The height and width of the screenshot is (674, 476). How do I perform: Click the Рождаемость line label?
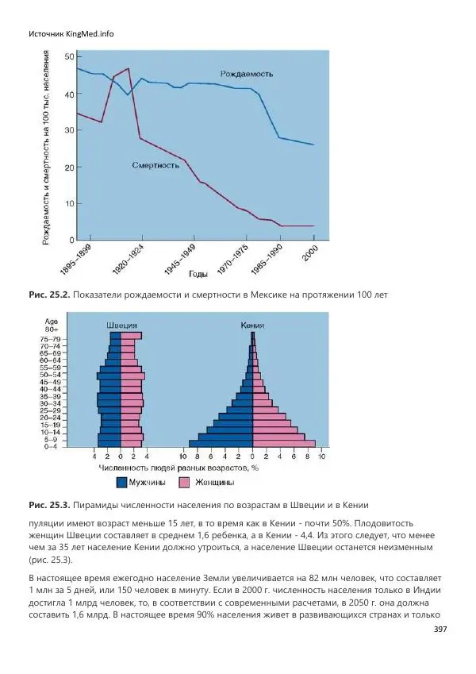(247, 74)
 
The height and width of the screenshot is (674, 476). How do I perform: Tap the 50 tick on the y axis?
(69, 56)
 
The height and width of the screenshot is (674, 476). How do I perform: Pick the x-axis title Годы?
(198, 275)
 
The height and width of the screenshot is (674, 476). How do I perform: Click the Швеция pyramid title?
(122, 325)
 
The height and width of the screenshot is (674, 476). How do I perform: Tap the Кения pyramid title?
(252, 325)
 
